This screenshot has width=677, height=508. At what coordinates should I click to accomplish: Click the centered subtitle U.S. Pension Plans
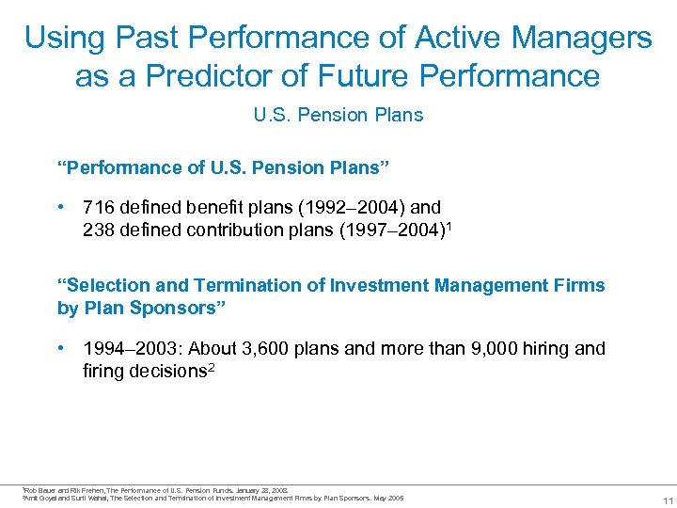click(x=338, y=115)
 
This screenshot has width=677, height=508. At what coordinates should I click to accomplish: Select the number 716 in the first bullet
click(x=98, y=207)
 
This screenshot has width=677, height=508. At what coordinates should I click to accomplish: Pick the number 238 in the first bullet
click(x=98, y=229)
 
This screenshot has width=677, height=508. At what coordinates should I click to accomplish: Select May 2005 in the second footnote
click(x=388, y=498)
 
